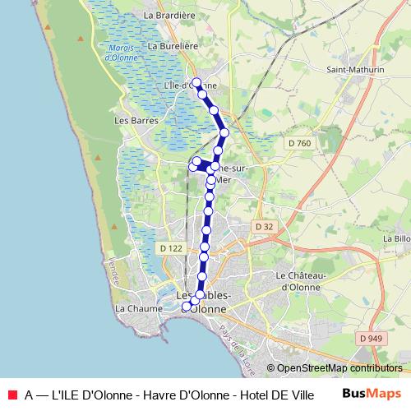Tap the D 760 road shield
[x=300, y=144]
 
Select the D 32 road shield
[x=263, y=226]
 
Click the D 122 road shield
[x=171, y=247]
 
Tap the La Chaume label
[x=134, y=308]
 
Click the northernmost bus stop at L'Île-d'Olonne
[x=196, y=82]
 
